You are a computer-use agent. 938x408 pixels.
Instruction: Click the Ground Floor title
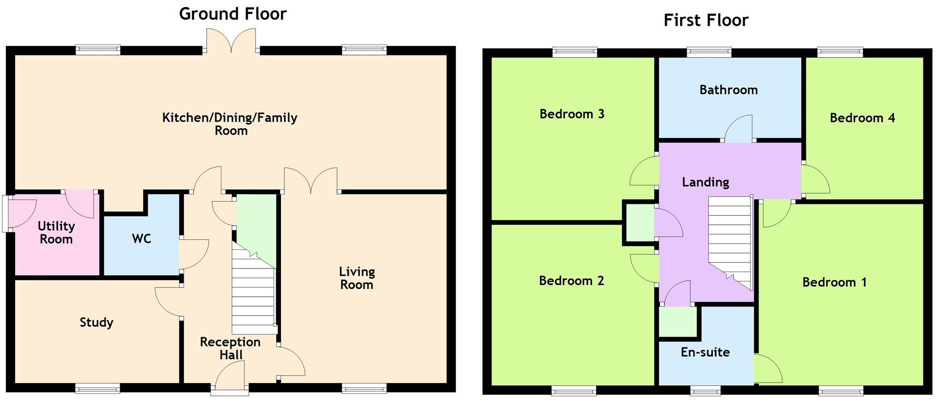coord(233,14)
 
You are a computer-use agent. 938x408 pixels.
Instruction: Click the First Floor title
coord(705,20)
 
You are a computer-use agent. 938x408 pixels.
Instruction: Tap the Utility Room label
coord(56,232)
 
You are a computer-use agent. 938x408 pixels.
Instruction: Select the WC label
coord(142,239)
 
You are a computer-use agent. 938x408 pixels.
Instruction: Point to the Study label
coord(96,322)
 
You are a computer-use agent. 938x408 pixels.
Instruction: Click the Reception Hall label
coord(230,348)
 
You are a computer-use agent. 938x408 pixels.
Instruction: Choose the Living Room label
coord(357,278)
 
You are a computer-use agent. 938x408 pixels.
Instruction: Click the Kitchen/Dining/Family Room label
coord(230,123)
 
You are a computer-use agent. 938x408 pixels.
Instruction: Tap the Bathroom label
coord(728,90)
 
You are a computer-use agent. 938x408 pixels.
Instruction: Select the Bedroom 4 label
coord(862,118)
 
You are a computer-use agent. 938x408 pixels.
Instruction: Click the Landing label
coord(705,182)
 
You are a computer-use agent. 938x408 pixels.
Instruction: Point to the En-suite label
coord(705,352)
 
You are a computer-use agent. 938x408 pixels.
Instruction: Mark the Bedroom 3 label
coord(572,114)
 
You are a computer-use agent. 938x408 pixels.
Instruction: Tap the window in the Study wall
coord(98,388)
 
